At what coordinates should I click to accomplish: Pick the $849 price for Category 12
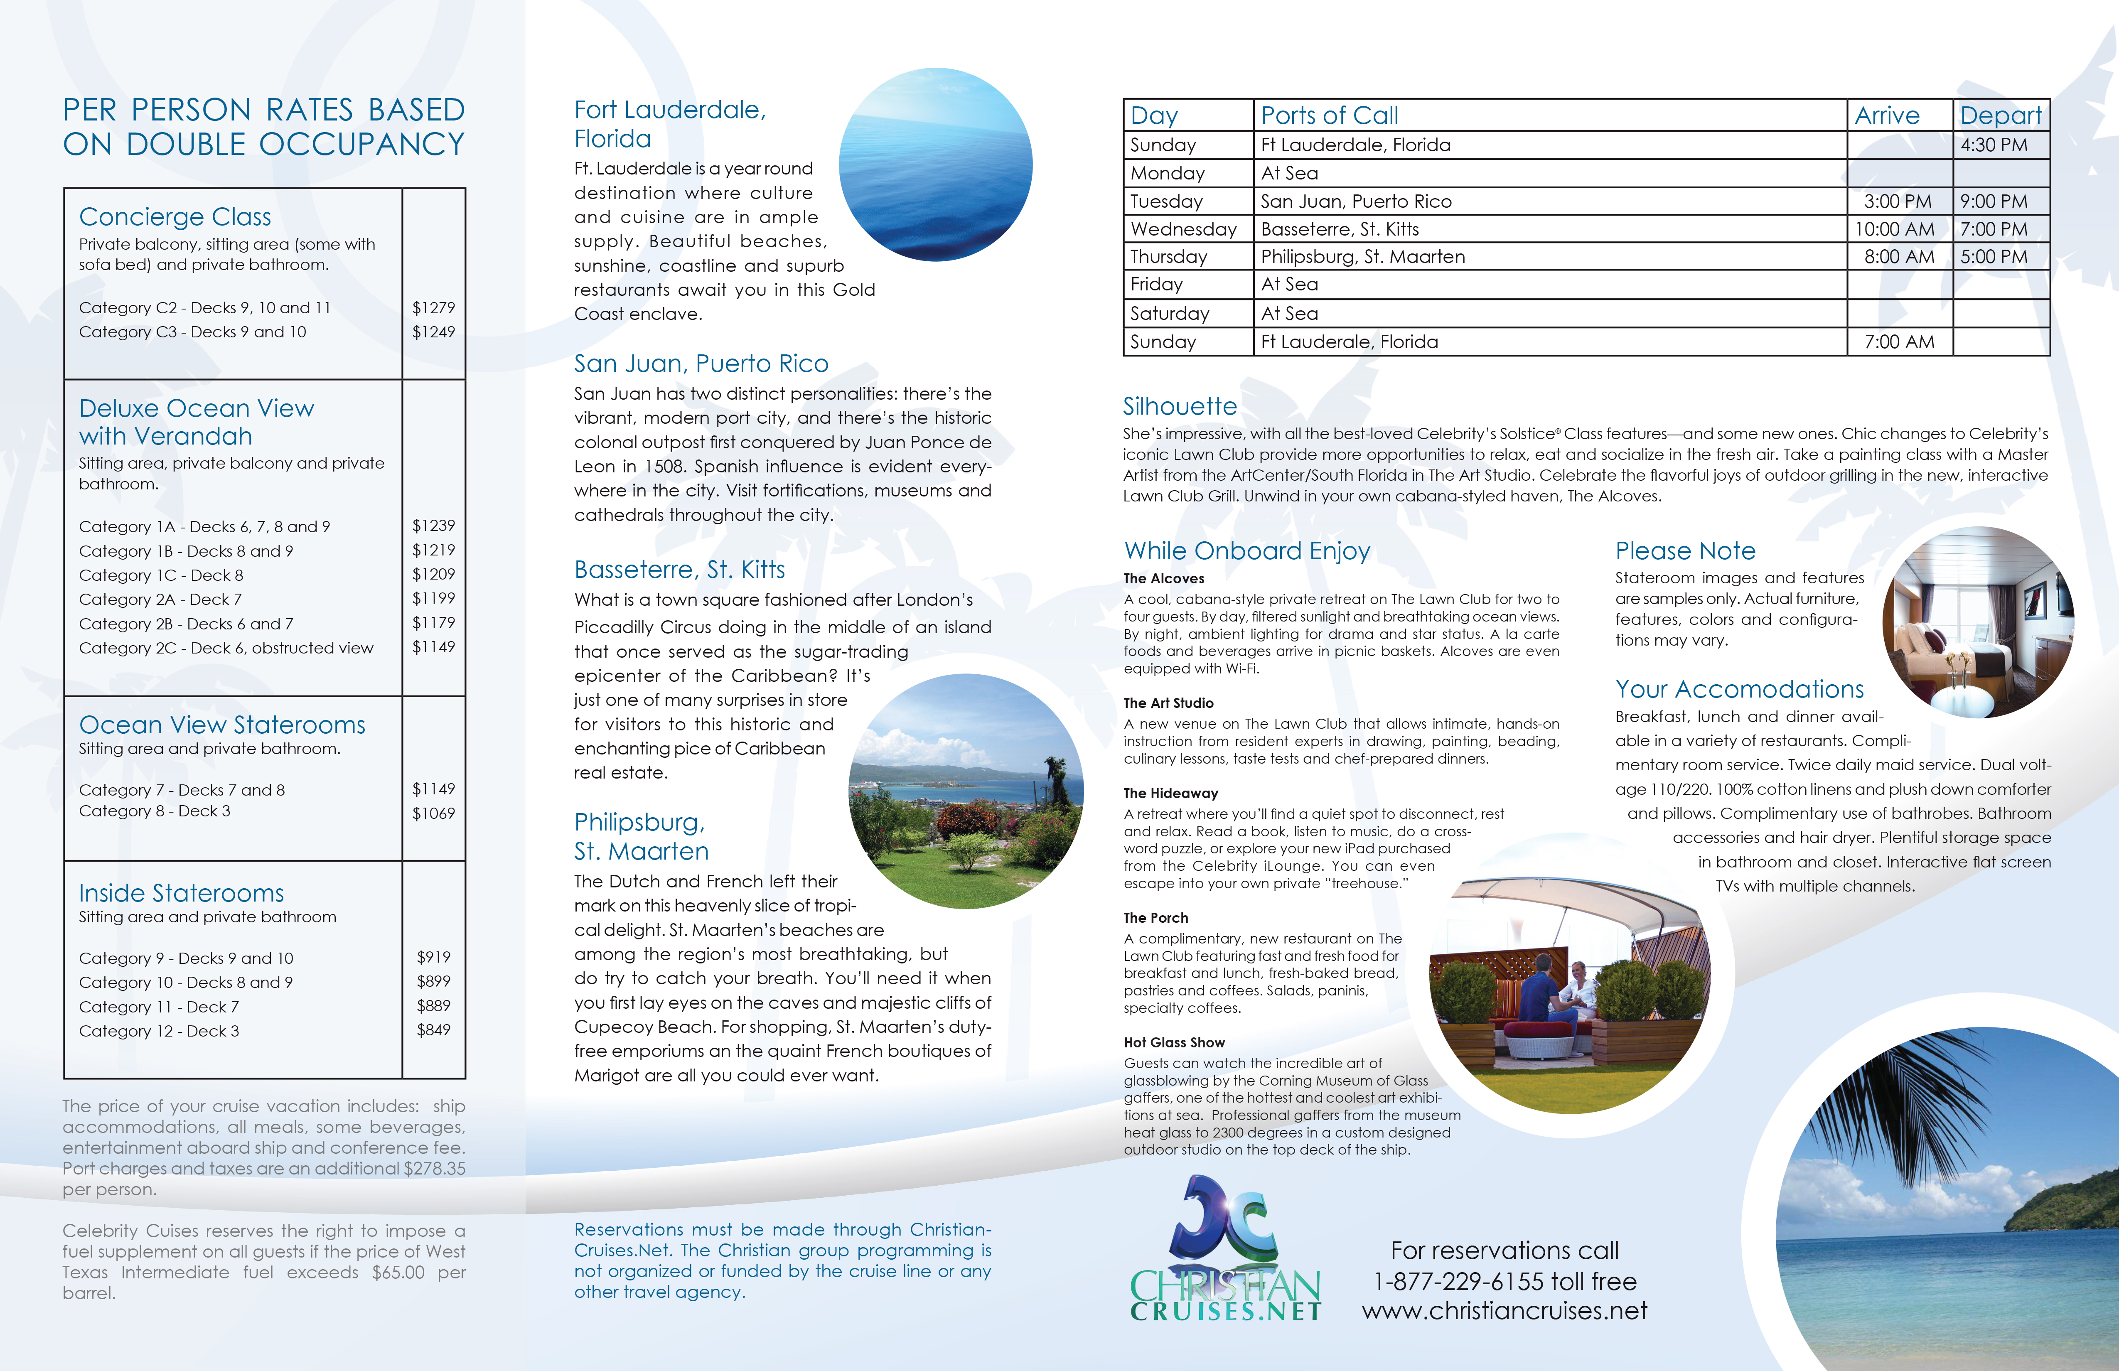(x=434, y=1030)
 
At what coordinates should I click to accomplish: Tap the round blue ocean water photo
(x=936, y=165)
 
